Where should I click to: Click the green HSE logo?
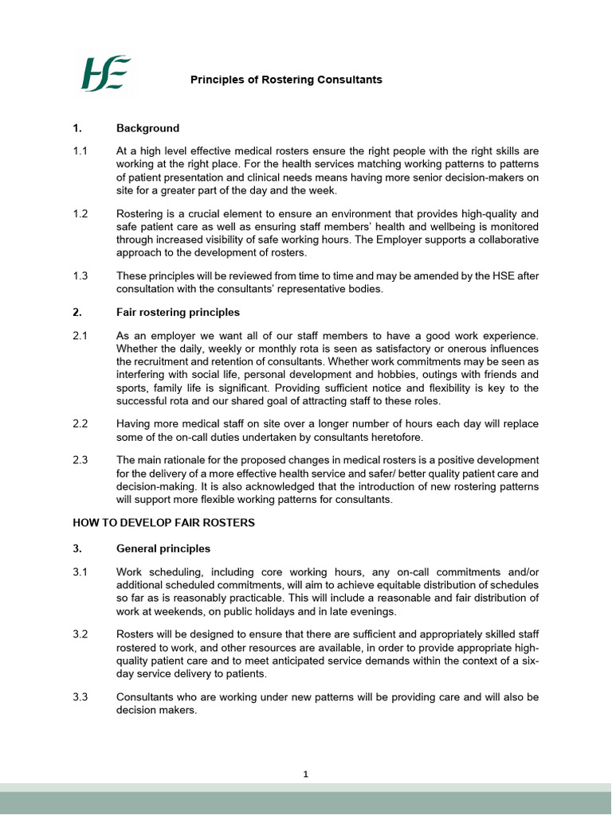coord(104,73)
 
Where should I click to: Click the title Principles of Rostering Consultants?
coord(285,80)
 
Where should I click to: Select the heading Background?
coord(147,128)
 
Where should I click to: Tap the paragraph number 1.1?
coord(80,150)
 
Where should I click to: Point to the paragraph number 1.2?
coord(80,214)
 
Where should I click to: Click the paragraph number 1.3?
coord(80,276)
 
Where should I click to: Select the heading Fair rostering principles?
coord(178,312)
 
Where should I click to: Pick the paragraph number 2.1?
coord(80,336)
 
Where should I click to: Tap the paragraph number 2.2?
coord(80,425)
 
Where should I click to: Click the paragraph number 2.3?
coord(80,461)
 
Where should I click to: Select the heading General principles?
coord(163,548)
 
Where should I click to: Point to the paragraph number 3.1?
coord(80,571)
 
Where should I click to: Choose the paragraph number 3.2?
coord(80,634)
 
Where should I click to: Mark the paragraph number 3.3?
coord(80,697)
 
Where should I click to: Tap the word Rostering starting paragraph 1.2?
coord(140,214)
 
